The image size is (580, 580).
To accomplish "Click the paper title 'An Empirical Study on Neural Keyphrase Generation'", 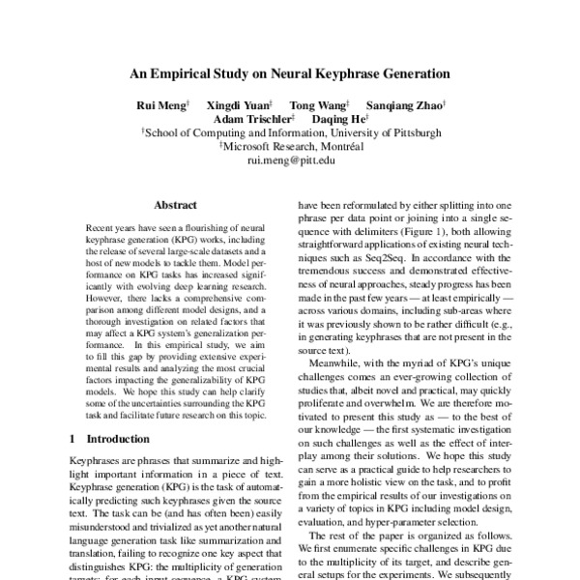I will [289, 72].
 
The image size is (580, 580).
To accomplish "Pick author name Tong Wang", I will [320, 103].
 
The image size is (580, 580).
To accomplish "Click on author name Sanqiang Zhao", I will [404, 103].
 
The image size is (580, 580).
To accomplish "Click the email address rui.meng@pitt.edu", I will [289, 161].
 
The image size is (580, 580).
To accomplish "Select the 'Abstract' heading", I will [175, 205].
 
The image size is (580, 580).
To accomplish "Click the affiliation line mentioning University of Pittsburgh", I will [291, 132].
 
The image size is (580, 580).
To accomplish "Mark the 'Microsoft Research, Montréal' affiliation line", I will [291, 147].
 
